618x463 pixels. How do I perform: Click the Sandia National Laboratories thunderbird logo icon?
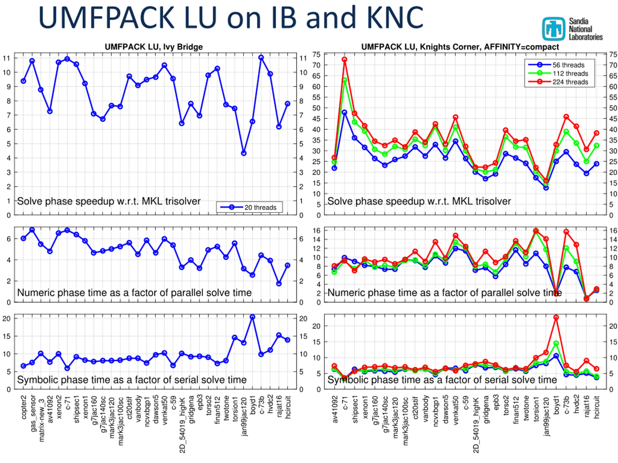pos(554,29)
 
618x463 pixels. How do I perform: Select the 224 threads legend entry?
pos(570,82)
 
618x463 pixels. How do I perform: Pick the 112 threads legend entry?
pos(570,74)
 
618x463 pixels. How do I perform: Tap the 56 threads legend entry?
pos(568,65)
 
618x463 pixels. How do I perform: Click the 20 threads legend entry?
pos(260,207)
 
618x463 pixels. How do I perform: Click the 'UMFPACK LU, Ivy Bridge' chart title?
pos(154,47)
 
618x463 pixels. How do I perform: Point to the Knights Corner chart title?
pos(460,47)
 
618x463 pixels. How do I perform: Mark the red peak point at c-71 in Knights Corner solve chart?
pos(344,60)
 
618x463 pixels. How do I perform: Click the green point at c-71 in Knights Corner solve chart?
pos(344,80)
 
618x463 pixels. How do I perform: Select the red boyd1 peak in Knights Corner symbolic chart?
pos(556,318)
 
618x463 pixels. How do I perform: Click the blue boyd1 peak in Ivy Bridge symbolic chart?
pos(252,317)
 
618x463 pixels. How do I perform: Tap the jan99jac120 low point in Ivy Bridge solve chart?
pos(244,153)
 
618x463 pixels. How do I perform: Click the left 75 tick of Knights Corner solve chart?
pos(316,54)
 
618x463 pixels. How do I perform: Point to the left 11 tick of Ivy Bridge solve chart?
pos(7,58)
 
